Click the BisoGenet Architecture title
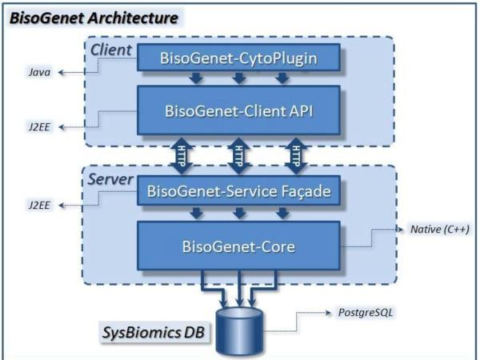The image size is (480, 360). tap(93, 17)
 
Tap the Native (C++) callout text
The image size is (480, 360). tap(439, 230)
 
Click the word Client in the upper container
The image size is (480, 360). tap(110, 50)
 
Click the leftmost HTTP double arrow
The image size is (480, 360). tap(184, 157)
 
